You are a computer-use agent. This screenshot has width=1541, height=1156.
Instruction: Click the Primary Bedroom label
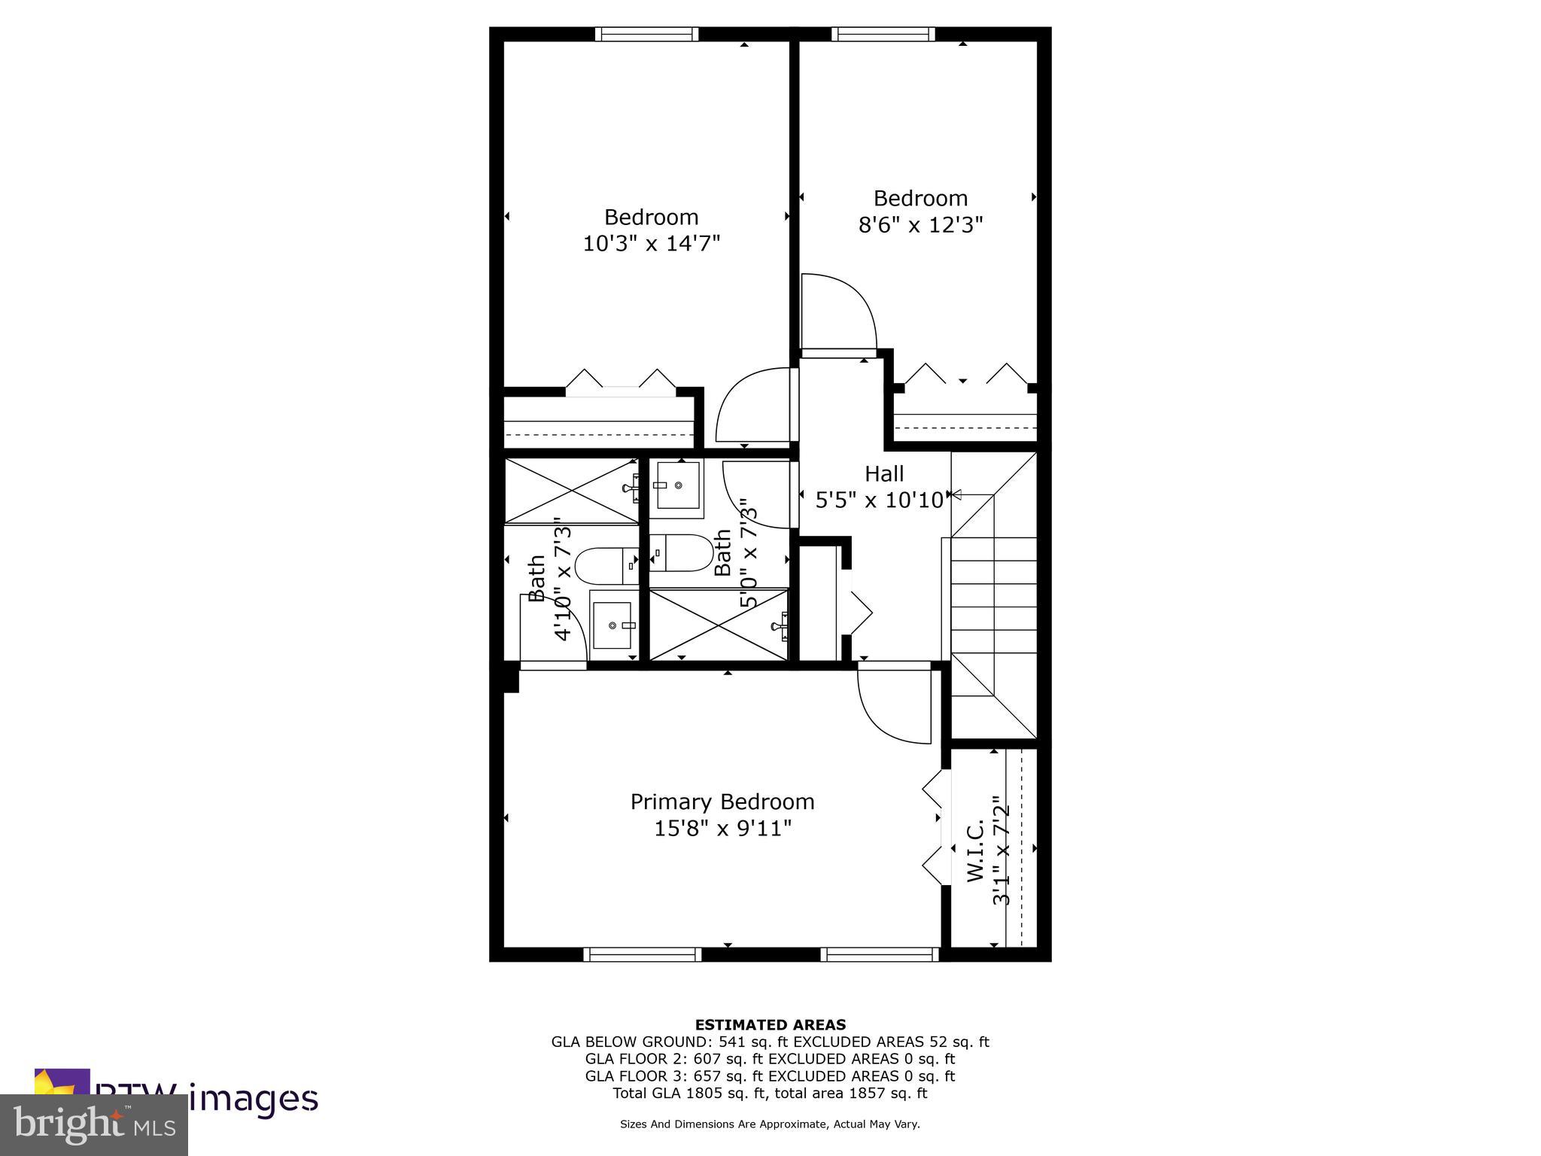(x=722, y=802)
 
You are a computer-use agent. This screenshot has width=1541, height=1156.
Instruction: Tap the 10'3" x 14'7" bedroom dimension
(x=652, y=244)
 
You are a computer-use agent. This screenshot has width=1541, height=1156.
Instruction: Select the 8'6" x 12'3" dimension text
(x=920, y=225)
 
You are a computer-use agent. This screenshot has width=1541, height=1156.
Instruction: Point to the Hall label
(x=883, y=474)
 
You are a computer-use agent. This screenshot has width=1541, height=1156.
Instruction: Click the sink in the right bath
(x=678, y=486)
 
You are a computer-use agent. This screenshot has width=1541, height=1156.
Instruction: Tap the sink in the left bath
(x=613, y=625)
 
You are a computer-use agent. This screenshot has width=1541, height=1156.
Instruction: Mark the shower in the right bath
(x=717, y=625)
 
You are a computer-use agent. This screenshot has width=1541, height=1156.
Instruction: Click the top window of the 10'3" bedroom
(x=646, y=34)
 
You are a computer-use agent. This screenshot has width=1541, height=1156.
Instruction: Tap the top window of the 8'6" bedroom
(x=883, y=34)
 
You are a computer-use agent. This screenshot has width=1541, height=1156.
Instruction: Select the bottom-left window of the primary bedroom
(x=642, y=954)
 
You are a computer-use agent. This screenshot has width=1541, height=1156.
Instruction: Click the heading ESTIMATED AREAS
(x=770, y=1024)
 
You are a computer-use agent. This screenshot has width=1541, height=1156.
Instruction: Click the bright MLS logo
(x=94, y=1124)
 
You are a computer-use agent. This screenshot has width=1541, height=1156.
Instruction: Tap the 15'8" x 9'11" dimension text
(x=722, y=829)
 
